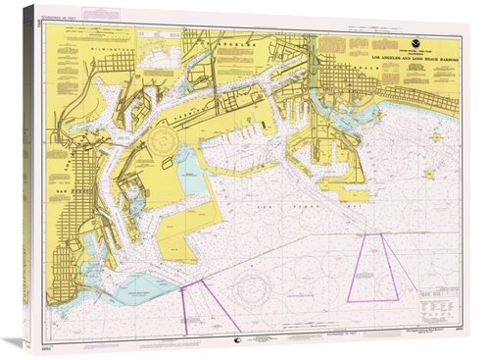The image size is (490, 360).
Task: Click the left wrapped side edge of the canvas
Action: [x=29, y=177]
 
